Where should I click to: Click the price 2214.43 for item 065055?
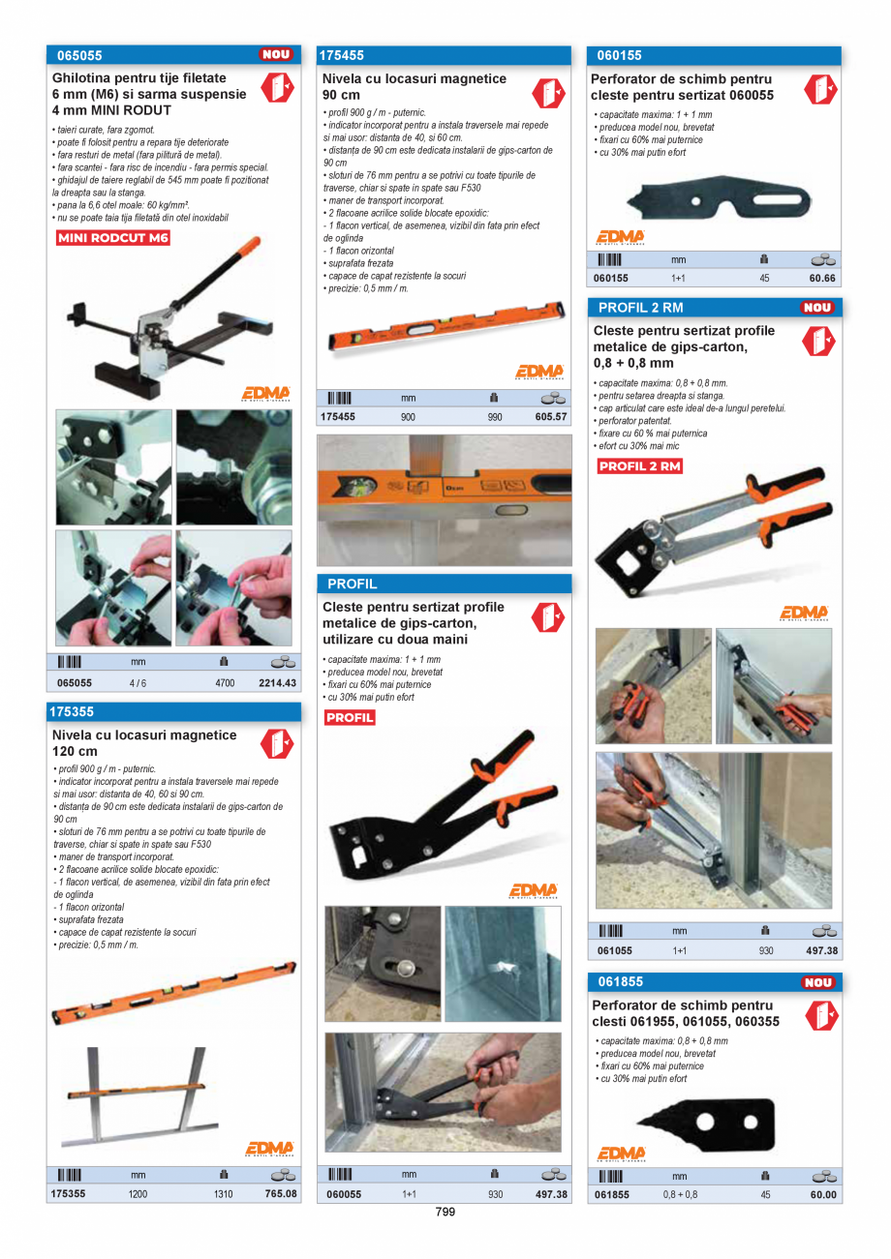(277, 682)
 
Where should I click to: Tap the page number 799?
(445, 1212)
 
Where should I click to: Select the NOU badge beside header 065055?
(276, 55)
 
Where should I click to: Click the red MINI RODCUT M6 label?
(112, 238)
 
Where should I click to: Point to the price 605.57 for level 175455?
(550, 417)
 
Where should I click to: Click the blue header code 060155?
(619, 55)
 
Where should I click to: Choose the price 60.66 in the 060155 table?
(822, 278)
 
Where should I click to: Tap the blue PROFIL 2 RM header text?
(640, 308)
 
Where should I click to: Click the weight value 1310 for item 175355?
(224, 1194)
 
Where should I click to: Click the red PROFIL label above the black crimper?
(350, 717)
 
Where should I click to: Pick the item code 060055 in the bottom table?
(344, 1194)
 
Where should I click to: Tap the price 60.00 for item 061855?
(823, 1194)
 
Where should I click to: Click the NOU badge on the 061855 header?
(818, 982)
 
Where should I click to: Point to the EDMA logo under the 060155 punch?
(620, 237)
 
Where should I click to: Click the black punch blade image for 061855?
(707, 1123)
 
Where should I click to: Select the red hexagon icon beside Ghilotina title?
(277, 87)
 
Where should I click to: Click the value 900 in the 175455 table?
(409, 417)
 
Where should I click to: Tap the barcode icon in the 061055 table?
(610, 931)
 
